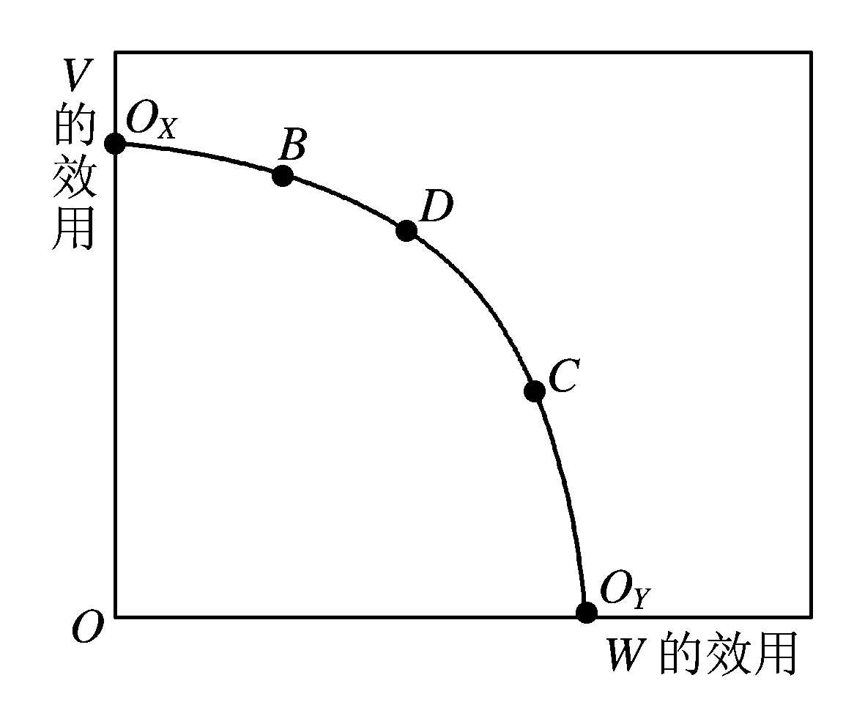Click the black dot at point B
pyautogui.click(x=283, y=176)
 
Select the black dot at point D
pyautogui.click(x=406, y=230)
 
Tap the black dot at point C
pyautogui.click(x=535, y=391)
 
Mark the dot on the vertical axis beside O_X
pyautogui.click(x=115, y=144)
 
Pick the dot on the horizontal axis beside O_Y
pyautogui.click(x=587, y=612)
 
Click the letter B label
pyautogui.click(x=292, y=144)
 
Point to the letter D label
pyautogui.click(x=436, y=206)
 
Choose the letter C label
pyautogui.click(x=563, y=375)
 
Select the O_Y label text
pyautogui.click(x=625, y=591)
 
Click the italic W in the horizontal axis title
pyautogui.click(x=627, y=654)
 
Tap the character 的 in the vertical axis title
pyautogui.click(x=75, y=127)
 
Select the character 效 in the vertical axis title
pyautogui.click(x=75, y=177)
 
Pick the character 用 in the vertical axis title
pyautogui.click(x=73, y=227)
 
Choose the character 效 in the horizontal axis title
pyautogui.click(x=728, y=654)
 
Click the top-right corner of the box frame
pyautogui.click(x=810, y=53)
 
